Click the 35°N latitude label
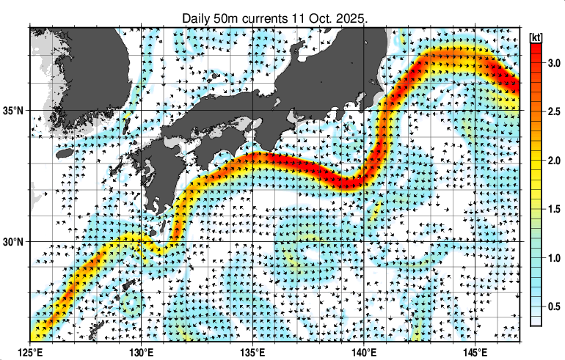click(x=15, y=111)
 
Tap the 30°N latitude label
click(x=15, y=242)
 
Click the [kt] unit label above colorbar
click(x=536, y=37)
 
